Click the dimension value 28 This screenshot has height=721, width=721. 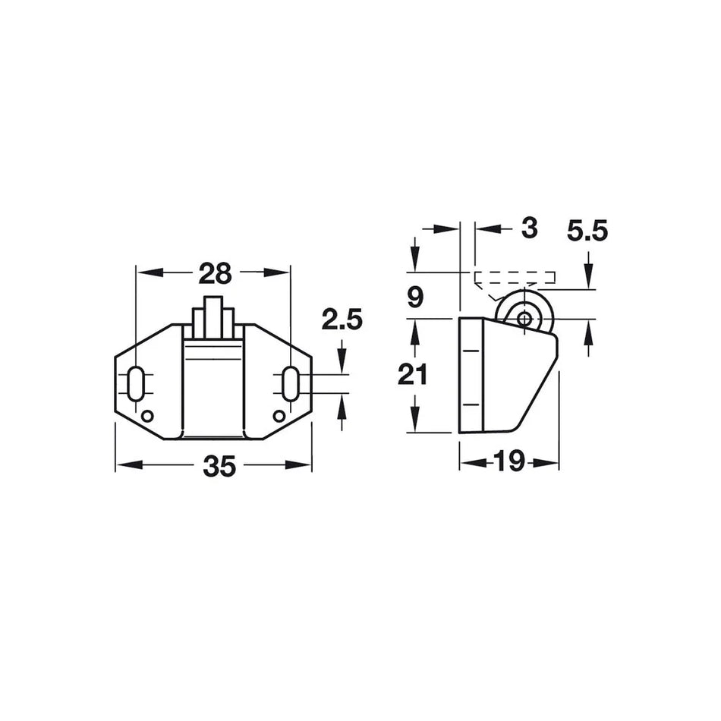tap(215, 272)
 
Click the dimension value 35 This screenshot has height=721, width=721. tap(219, 468)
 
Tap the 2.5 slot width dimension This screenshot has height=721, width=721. tap(342, 320)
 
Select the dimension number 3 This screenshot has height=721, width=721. tap(530, 228)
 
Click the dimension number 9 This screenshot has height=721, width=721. tap(414, 298)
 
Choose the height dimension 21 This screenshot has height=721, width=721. tap(414, 375)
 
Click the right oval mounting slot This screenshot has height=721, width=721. tap(291, 384)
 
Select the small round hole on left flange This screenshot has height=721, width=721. tap(147, 415)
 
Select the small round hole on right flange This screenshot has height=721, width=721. tap(279, 415)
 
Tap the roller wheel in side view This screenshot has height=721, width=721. tap(524, 318)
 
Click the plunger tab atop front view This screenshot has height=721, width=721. tap(214, 316)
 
